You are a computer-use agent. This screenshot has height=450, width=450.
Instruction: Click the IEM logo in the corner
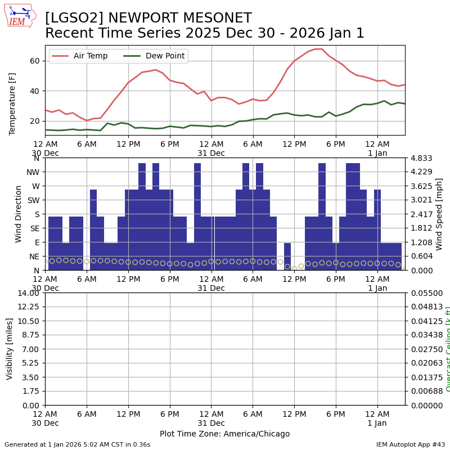pos(20,16)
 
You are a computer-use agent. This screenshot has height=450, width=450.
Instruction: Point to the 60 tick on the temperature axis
pos(35,61)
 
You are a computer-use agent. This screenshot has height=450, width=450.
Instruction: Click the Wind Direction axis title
pos(19,214)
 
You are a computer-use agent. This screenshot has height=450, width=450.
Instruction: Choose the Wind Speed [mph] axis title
pos(439,214)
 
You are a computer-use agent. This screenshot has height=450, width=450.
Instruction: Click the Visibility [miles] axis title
pos(10,349)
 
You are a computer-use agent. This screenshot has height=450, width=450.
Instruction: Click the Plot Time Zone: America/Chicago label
pos(224,434)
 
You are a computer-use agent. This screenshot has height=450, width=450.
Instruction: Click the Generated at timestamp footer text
pos(77,444)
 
